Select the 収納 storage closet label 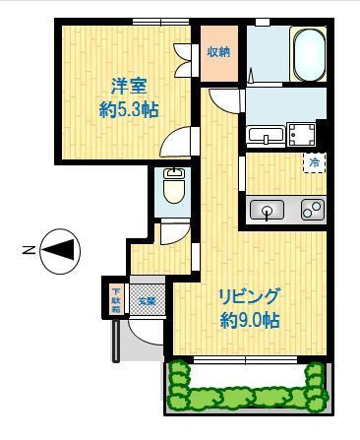[x=217, y=51]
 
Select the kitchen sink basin [x=267, y=209]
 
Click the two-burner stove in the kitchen [x=312, y=209]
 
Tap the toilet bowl [x=174, y=188]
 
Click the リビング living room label [x=249, y=295]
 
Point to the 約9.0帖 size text [x=249, y=320]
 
